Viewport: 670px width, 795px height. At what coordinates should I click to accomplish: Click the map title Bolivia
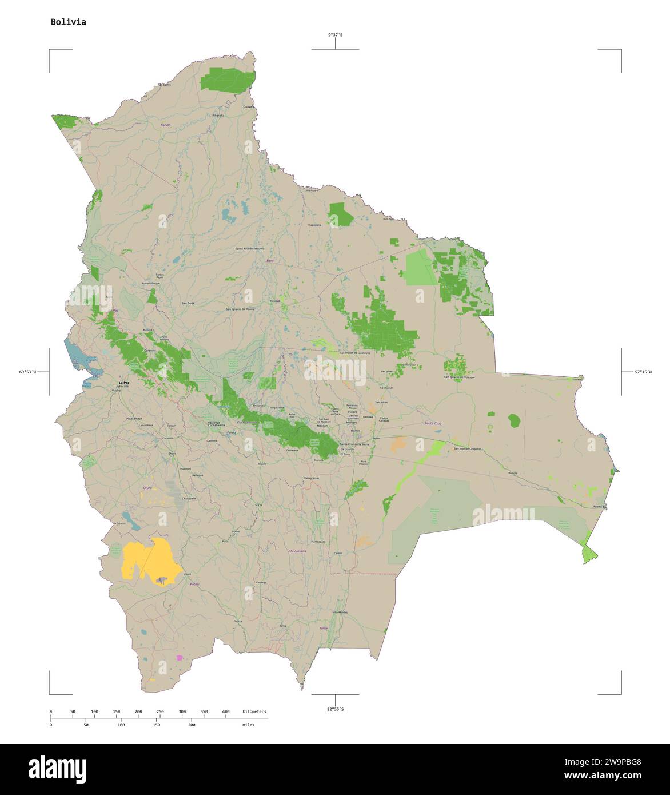pos(69,22)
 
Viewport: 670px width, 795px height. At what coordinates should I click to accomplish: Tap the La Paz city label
pos(123,382)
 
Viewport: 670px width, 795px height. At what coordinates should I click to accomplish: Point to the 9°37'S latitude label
pos(335,35)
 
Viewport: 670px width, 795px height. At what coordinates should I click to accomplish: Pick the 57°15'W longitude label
pos(642,372)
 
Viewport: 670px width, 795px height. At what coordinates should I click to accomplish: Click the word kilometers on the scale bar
pos(254,711)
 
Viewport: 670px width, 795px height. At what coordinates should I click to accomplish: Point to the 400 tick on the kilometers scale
pos(226,711)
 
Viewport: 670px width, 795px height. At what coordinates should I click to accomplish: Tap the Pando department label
pos(166,125)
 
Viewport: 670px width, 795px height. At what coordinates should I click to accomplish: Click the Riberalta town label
pos(218,116)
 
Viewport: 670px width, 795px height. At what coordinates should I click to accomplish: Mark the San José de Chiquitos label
pos(467,449)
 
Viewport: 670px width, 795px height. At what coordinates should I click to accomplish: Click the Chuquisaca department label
pos(297,551)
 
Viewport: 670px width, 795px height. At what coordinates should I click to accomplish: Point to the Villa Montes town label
pos(340,613)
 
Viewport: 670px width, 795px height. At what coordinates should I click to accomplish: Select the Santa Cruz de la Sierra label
pos(355,444)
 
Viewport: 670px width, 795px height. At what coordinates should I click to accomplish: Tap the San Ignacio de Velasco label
pos(459,377)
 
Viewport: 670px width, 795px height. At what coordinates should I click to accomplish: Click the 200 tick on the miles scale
pos(192,725)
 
